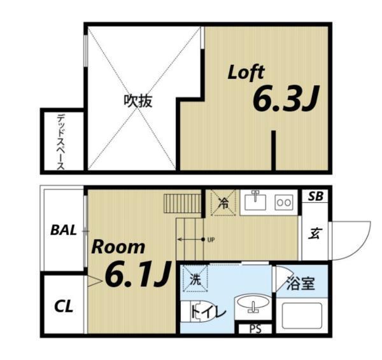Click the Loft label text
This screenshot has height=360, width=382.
tap(246, 72)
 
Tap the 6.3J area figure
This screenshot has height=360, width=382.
tap(285, 100)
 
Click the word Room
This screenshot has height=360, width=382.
tap(118, 247)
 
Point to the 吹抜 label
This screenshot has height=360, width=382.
tap(138, 101)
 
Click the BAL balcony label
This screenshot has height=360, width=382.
tap(63, 230)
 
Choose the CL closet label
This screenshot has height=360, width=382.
tap(63, 307)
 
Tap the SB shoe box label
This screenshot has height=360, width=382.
tap(315, 197)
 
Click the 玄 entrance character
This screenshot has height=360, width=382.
tap(315, 233)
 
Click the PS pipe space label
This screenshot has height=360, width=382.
tap(255, 329)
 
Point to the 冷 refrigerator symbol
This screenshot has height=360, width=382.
tap(223, 204)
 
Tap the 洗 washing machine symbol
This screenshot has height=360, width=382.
tap(194, 278)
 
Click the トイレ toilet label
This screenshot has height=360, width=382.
tap(208, 312)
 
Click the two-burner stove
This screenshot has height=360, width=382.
tap(283, 202)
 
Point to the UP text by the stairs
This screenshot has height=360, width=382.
tap(211, 240)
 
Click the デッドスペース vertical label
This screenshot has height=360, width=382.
tap(61, 141)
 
